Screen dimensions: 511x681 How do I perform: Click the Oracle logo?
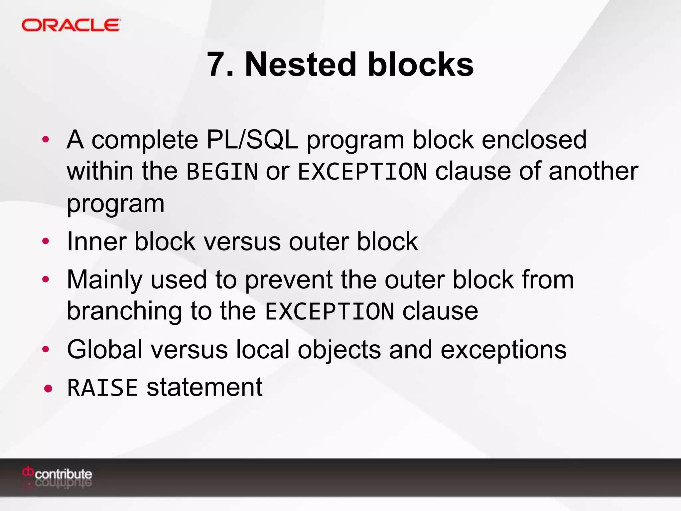point(71,25)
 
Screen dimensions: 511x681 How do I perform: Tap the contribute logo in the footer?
point(57,474)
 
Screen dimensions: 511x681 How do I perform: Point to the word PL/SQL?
point(252,140)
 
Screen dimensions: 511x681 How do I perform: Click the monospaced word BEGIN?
point(222,172)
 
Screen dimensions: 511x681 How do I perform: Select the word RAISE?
point(102,388)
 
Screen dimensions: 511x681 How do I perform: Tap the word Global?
point(105,350)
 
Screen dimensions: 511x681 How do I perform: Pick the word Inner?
point(96,242)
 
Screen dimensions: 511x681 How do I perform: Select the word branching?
point(124,311)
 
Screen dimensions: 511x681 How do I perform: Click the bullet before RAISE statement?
point(48,388)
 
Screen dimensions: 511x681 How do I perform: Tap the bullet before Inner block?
point(46,242)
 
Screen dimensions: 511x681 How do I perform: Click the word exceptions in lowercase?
point(503,350)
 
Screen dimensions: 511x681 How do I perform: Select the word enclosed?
point(534,140)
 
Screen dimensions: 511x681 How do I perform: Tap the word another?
point(593,171)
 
